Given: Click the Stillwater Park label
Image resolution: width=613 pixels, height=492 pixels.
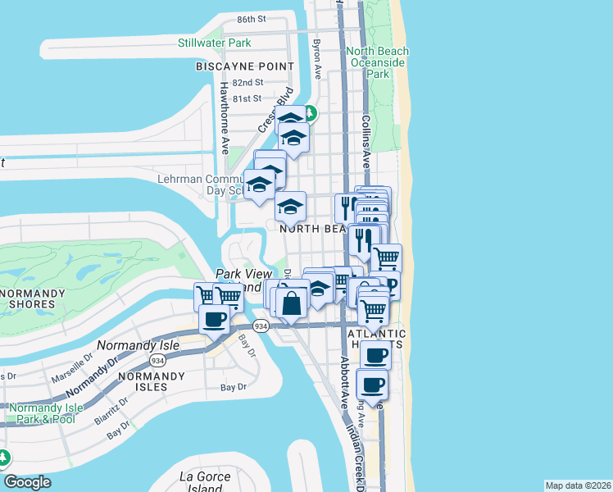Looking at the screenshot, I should (215, 43).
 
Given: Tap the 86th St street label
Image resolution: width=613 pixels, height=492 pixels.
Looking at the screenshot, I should (252, 19).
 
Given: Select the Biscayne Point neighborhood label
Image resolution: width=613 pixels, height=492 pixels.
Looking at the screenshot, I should (244, 66).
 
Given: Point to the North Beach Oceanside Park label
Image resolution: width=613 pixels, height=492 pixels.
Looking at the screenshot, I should (378, 62).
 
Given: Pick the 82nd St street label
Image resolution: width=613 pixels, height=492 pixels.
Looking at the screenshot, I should (247, 83).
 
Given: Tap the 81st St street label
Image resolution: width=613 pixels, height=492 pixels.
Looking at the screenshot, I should (247, 99).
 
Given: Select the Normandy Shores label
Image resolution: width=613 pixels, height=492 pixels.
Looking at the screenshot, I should (28, 298).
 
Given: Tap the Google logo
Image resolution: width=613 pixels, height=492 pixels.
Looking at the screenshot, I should (27, 481).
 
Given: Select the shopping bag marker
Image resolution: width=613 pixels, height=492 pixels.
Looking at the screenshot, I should (293, 304).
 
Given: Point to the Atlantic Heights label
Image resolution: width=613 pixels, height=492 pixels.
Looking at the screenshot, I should (376, 340).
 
